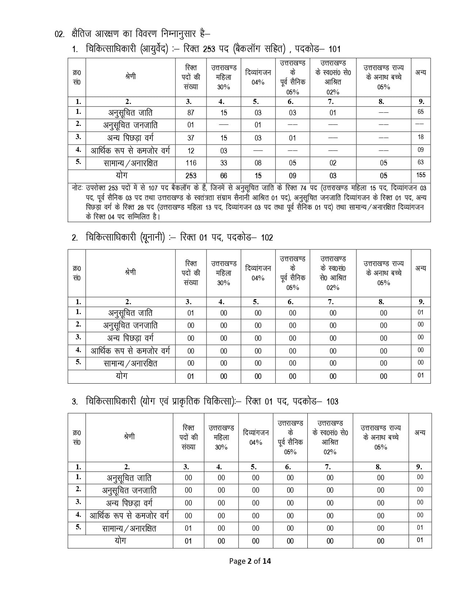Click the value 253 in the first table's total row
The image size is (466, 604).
191,176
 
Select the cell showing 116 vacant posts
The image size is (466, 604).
191,163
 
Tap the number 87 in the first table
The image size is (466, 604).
191,113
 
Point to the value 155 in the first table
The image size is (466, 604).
421,175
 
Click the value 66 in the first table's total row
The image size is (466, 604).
224,176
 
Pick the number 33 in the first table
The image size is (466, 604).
224,163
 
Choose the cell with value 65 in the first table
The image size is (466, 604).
421,112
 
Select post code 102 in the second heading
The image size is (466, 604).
267,238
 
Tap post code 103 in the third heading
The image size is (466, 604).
332,402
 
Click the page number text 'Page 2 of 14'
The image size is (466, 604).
250,561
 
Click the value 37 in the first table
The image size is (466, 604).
191,138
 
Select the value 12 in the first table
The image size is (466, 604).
191,150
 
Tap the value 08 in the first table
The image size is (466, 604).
258,163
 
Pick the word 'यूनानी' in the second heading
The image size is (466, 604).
151,238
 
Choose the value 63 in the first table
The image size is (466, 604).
421,162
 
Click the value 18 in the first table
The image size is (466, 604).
421,137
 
